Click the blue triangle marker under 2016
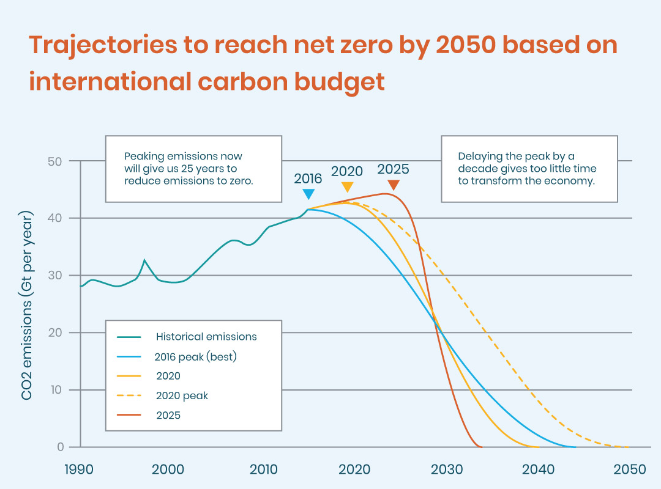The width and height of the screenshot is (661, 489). tap(309, 194)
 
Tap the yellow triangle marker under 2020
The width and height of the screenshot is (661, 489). tap(347, 187)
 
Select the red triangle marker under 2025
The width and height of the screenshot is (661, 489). tap(394, 185)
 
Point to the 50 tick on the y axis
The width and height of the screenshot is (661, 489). tap(56, 161)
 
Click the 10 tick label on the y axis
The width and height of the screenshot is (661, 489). tap(56, 390)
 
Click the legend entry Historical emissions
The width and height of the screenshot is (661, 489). tap(206, 337)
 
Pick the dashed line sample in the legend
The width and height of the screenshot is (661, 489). tap(129, 395)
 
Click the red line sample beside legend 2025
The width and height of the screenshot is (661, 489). tap(129, 416)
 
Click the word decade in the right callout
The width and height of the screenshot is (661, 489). tap(474, 168)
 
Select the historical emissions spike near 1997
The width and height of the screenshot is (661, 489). tap(144, 260)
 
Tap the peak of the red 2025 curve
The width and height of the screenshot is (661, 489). tap(384, 194)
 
